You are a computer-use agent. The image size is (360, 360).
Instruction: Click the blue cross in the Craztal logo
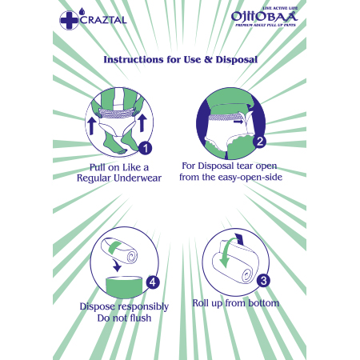point(69,20)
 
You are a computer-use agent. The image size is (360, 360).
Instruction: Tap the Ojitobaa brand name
point(264,17)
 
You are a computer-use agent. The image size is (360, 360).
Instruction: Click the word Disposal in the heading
point(237,59)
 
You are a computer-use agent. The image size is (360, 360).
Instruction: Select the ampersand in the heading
point(207,59)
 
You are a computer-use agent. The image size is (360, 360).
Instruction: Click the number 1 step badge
point(146,149)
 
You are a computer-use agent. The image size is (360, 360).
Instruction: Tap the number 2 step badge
point(260,142)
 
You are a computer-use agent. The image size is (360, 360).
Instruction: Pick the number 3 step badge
point(263,281)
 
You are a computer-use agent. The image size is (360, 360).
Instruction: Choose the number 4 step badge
point(153,282)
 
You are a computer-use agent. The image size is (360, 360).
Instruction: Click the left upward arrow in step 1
point(91,126)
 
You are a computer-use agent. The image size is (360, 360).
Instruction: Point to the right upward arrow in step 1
point(142,122)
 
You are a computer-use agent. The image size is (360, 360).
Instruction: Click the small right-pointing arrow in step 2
point(238,122)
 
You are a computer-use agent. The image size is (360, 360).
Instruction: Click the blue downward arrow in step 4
point(117,265)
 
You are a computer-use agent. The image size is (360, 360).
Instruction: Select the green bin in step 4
point(124,287)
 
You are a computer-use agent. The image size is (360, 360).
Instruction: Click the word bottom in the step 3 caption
point(264,303)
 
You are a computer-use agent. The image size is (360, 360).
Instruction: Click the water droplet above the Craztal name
point(82,11)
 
